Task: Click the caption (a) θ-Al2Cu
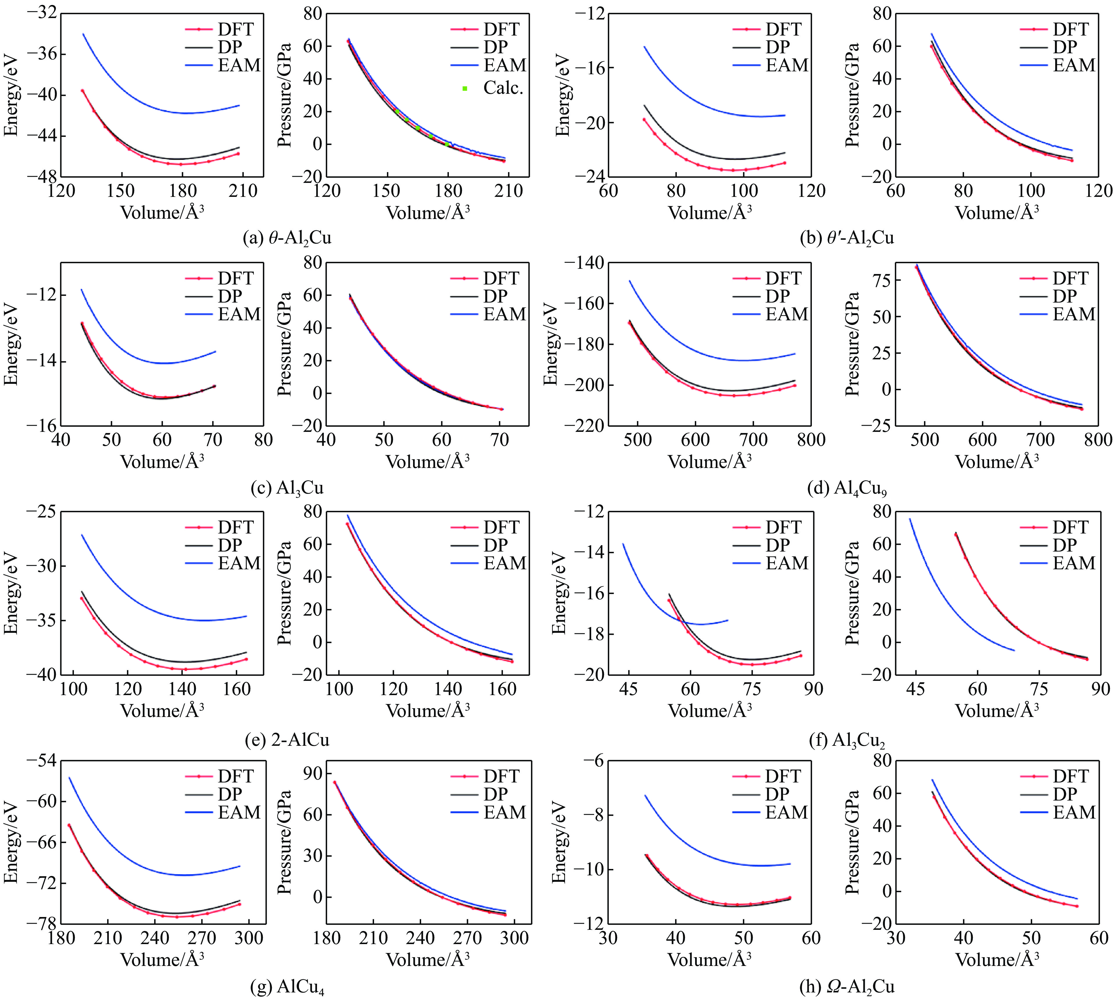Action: (x=287, y=238)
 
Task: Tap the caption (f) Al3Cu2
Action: (x=846, y=740)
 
